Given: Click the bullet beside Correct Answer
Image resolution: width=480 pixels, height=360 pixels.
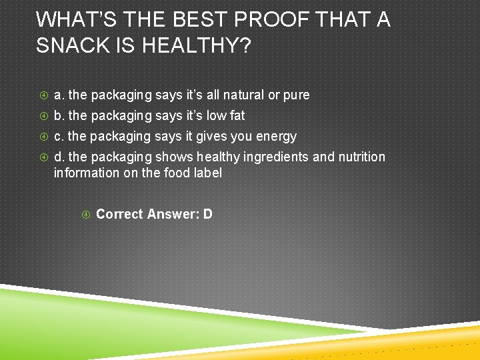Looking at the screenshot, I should [x=86, y=215].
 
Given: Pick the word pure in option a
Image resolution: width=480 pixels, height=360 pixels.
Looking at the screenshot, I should [x=296, y=96].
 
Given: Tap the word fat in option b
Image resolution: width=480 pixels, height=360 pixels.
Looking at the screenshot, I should [x=237, y=116].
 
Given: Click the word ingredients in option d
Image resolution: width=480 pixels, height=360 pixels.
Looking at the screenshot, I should [x=278, y=157].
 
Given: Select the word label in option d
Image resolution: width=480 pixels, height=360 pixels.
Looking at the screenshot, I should [x=207, y=173].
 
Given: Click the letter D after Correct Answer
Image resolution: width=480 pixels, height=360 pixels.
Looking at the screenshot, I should [x=208, y=214].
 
